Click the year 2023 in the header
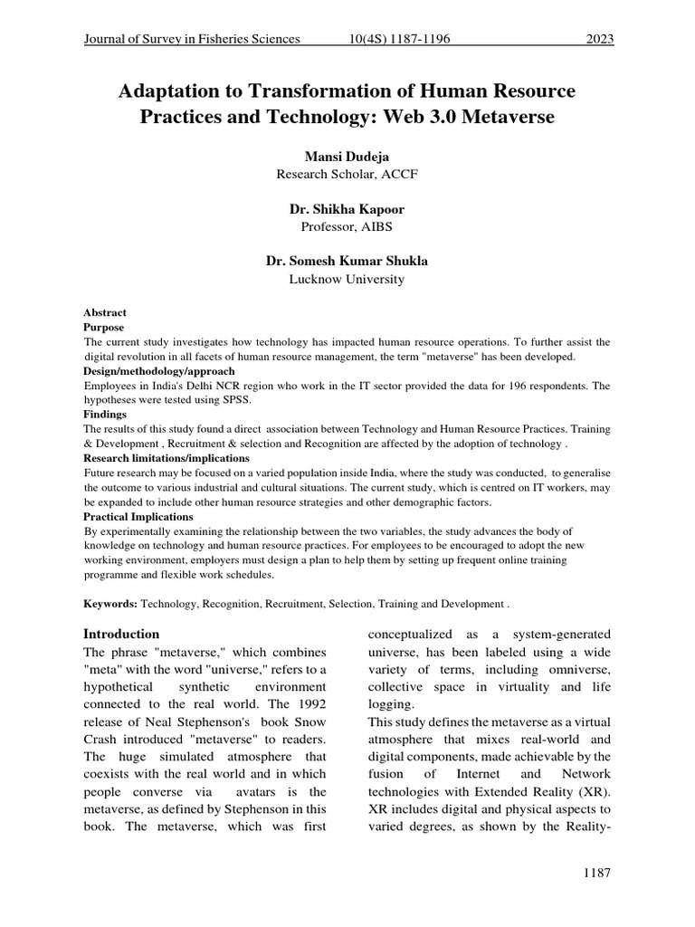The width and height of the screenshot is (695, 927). (599, 39)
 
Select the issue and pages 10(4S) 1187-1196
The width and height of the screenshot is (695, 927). (399, 39)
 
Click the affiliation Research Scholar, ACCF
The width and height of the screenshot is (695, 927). (347, 174)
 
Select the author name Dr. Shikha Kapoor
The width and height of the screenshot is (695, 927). (347, 209)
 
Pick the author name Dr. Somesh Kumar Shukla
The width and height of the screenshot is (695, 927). (347, 261)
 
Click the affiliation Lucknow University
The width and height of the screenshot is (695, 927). (347, 279)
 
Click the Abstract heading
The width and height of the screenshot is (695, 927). (105, 312)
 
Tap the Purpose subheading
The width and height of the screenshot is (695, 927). (104, 327)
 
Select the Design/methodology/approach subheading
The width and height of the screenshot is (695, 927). (159, 371)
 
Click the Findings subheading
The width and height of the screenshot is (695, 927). (105, 414)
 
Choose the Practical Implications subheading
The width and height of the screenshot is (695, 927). (138, 517)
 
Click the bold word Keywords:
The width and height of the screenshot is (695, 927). (110, 603)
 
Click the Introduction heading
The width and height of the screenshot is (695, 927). (121, 634)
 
